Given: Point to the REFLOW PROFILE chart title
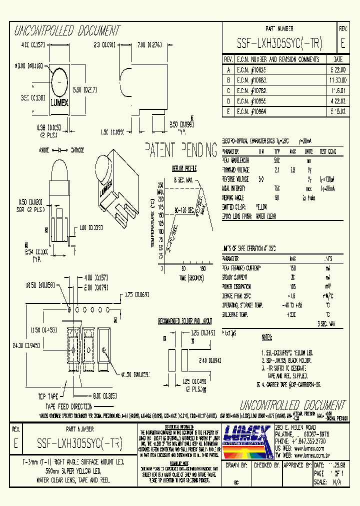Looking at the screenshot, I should tap(184, 169).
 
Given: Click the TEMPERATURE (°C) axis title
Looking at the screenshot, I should tap(152, 223).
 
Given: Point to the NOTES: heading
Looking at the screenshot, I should tap(267, 338).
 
